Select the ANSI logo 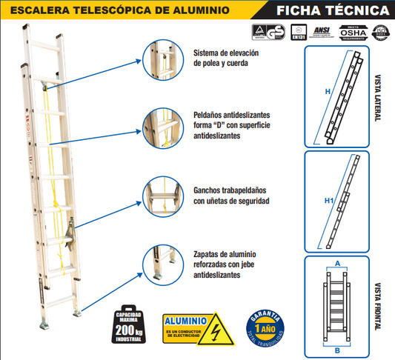(x=322, y=32)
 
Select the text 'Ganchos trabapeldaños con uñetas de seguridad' (x=230, y=196)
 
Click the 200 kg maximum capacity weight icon (x=130, y=324)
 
